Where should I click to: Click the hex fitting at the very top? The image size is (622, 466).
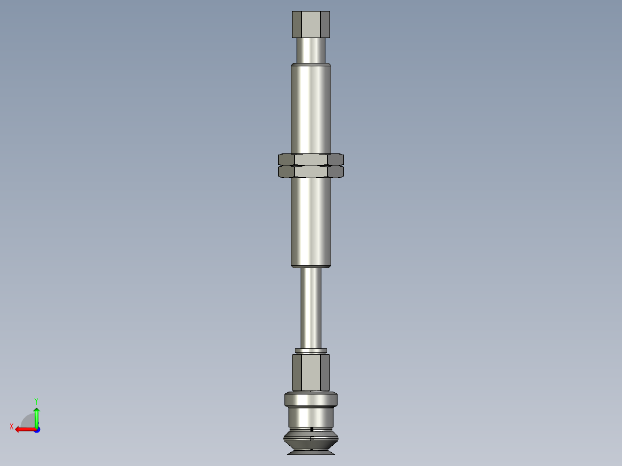pyautogui.click(x=311, y=24)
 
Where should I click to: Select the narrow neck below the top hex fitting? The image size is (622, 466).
pyautogui.click(x=311, y=50)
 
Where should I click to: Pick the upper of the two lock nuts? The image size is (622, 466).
pyautogui.click(x=311, y=159)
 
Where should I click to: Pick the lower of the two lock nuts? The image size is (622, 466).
pyautogui.click(x=311, y=172)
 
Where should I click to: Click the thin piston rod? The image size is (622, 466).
pyautogui.click(x=311, y=309)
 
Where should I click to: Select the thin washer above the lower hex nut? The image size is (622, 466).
pyautogui.click(x=311, y=351)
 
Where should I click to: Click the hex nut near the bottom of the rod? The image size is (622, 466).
pyautogui.click(x=311, y=372)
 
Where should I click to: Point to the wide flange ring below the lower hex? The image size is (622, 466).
pyautogui.click(x=311, y=399)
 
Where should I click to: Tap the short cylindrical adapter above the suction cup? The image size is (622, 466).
pyautogui.click(x=311, y=416)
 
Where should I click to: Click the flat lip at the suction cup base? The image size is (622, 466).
pyautogui.click(x=311, y=453)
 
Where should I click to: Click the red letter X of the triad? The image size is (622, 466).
pyautogui.click(x=11, y=426)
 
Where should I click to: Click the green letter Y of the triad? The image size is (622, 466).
pyautogui.click(x=36, y=400)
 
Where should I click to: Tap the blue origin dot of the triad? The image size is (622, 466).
pyautogui.click(x=36, y=430)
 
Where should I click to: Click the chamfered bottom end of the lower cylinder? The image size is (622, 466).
pyautogui.click(x=311, y=265)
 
